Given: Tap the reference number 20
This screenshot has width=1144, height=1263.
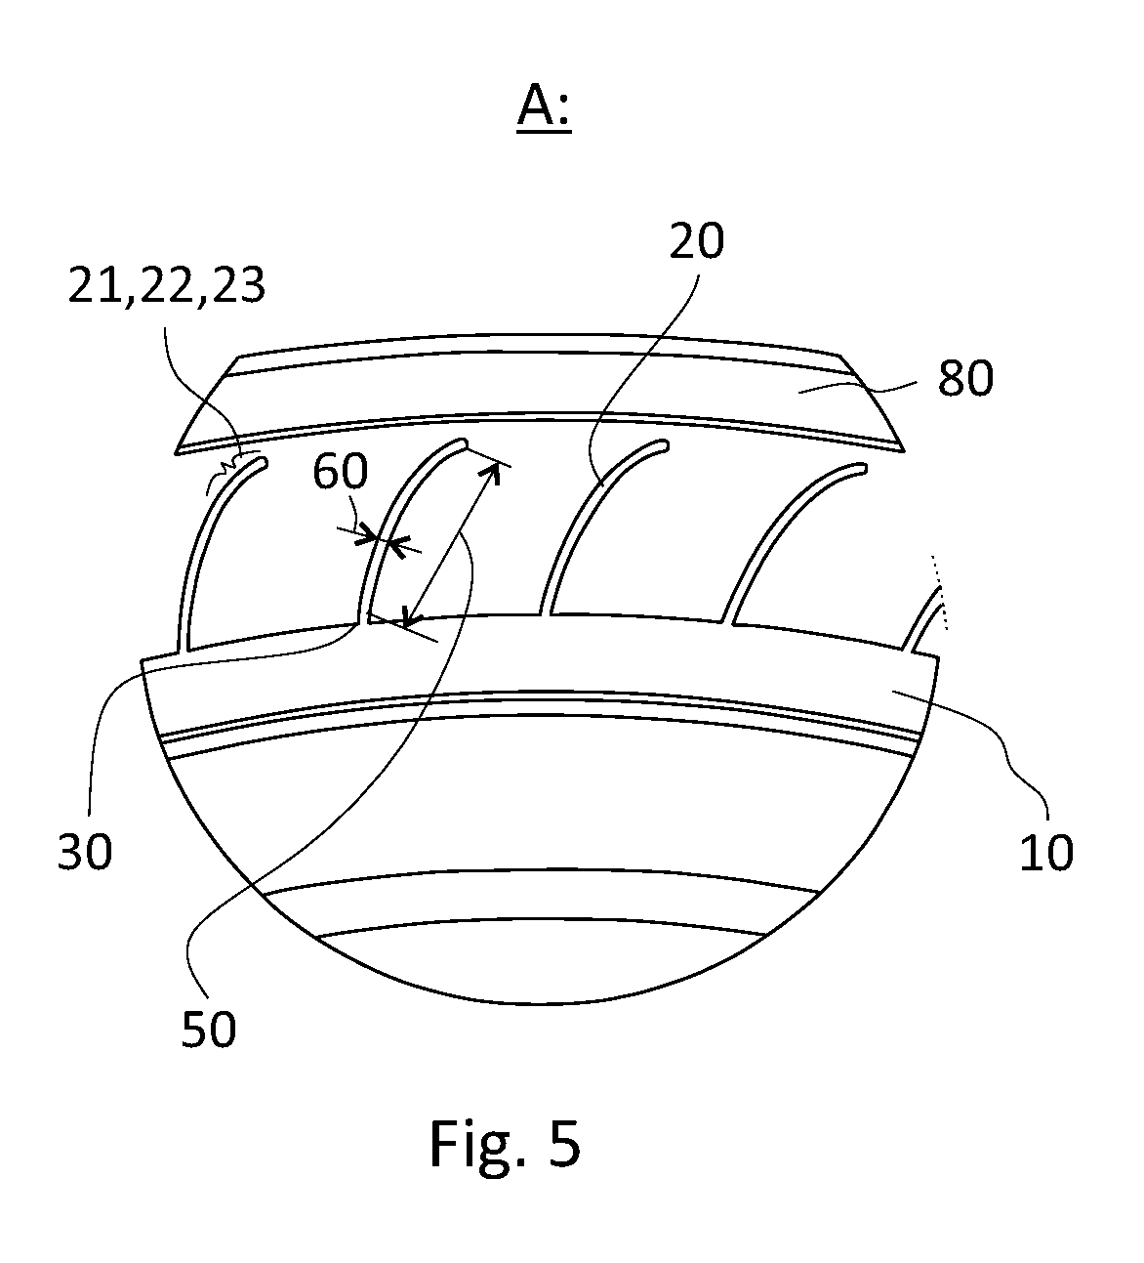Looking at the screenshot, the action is click(x=697, y=240).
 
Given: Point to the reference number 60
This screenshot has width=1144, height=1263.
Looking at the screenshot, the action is click(x=340, y=471).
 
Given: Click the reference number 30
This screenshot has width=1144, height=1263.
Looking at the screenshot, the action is click(x=85, y=852).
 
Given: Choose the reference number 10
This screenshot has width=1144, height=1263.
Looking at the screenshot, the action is click(x=1045, y=852).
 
